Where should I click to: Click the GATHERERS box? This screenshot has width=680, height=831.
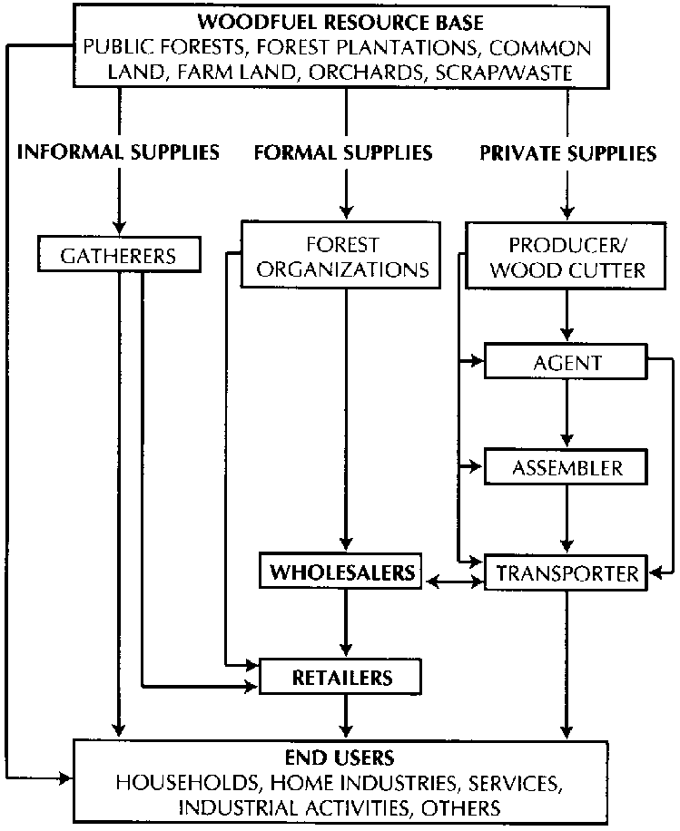pos(118,256)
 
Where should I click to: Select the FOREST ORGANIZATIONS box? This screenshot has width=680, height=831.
pos(343,257)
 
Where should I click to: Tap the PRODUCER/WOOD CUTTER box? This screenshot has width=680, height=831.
pos(567,258)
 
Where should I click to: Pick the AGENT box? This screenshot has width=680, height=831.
pos(567,364)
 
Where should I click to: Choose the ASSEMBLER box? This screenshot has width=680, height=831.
pos(567,468)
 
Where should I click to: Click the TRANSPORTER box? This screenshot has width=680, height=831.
pos(567,573)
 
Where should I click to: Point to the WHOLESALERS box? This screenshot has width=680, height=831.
pos(342,573)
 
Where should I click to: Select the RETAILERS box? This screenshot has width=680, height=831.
pos(342,677)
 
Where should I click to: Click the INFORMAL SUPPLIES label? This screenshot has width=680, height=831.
pos(118,152)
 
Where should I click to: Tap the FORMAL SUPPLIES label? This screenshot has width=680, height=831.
pos(344,152)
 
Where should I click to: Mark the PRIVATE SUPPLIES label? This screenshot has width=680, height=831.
pos(567,153)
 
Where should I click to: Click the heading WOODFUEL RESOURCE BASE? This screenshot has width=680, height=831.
pos(344,22)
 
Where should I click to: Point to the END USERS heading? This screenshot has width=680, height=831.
pos(344,757)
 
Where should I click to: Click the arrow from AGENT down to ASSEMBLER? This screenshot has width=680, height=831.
pos(567,413)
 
